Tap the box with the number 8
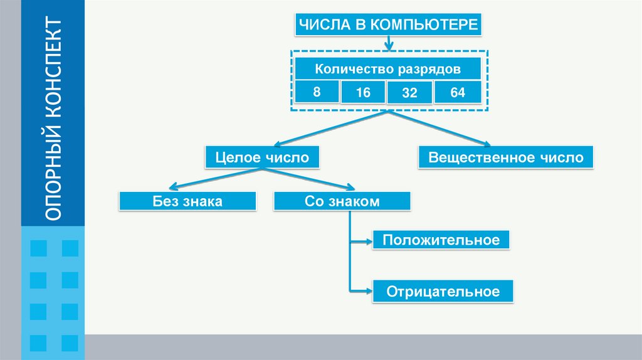pos(317,92)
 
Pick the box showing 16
pos(363,93)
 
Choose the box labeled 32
pos(409,93)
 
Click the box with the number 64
pos(457,92)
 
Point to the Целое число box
pos(262,157)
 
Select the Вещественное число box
pos(505,157)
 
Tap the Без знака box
pos(187,201)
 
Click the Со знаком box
pos(342,201)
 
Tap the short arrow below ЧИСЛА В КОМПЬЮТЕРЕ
pos(389,43)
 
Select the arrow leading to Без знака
pos(176,186)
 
